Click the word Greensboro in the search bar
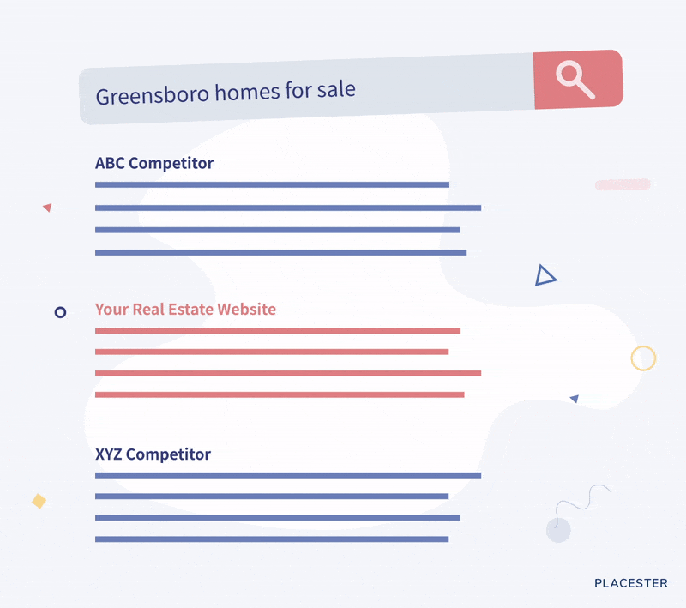(x=153, y=95)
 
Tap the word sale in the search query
(x=336, y=89)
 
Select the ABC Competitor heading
(x=154, y=163)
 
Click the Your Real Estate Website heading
(x=185, y=310)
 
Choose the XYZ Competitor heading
(x=153, y=454)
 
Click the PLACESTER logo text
(x=631, y=583)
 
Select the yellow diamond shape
(x=39, y=501)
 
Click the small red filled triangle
(x=48, y=208)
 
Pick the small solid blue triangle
(x=575, y=399)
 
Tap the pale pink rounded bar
(x=623, y=184)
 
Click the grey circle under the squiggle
(x=558, y=530)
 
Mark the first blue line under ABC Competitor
(x=272, y=184)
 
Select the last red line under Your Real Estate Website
(x=280, y=394)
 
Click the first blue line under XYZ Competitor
(x=288, y=475)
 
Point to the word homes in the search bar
(x=247, y=93)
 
